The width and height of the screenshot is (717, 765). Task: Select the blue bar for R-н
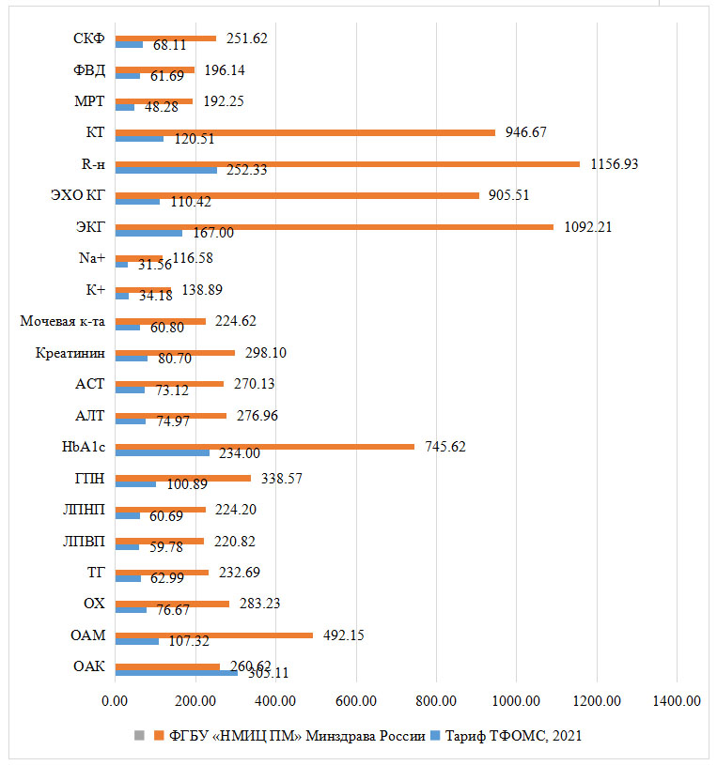pos(165,170)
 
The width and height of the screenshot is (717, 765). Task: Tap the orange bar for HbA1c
pos(264,446)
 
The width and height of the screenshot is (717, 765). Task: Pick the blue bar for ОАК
pos(176,673)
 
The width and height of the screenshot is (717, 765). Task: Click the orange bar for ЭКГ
pos(334,226)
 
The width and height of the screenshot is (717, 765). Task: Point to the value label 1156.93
pos(615,163)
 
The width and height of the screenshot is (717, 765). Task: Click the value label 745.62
pos(445,447)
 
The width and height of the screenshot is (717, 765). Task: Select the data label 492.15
pos(343,635)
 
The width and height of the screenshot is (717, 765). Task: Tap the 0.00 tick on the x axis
pos(115,700)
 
